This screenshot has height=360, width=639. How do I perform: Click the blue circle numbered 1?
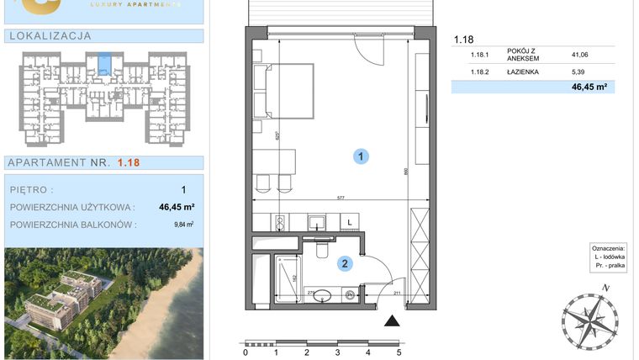click(360, 156)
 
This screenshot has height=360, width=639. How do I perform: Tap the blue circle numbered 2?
click(345, 264)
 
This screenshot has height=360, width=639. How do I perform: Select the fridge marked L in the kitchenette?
click(349, 221)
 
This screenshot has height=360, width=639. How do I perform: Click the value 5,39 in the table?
click(578, 72)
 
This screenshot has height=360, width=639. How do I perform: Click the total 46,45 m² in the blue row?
click(589, 87)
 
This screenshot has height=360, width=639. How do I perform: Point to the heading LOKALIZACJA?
click(49, 36)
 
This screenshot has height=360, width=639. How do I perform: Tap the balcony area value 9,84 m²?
click(182, 225)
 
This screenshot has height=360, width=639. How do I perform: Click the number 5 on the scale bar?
click(399, 353)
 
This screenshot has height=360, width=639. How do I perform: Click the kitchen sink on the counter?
click(317, 222)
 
